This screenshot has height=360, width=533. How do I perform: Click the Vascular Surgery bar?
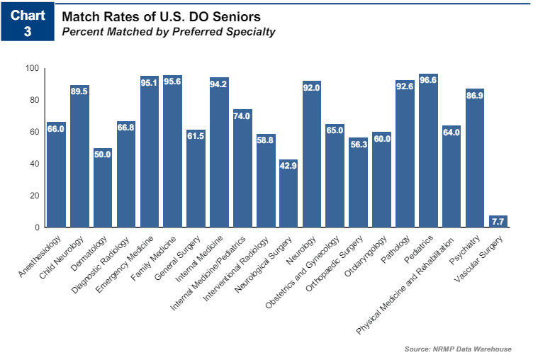[498, 222]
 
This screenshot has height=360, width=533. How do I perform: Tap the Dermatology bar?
[103, 188]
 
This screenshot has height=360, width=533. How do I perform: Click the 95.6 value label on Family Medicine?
[172, 81]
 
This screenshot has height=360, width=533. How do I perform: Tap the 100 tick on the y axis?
[33, 69]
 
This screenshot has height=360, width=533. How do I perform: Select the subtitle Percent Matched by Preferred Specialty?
[169, 32]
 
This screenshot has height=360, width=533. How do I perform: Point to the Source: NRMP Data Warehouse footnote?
[458, 349]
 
